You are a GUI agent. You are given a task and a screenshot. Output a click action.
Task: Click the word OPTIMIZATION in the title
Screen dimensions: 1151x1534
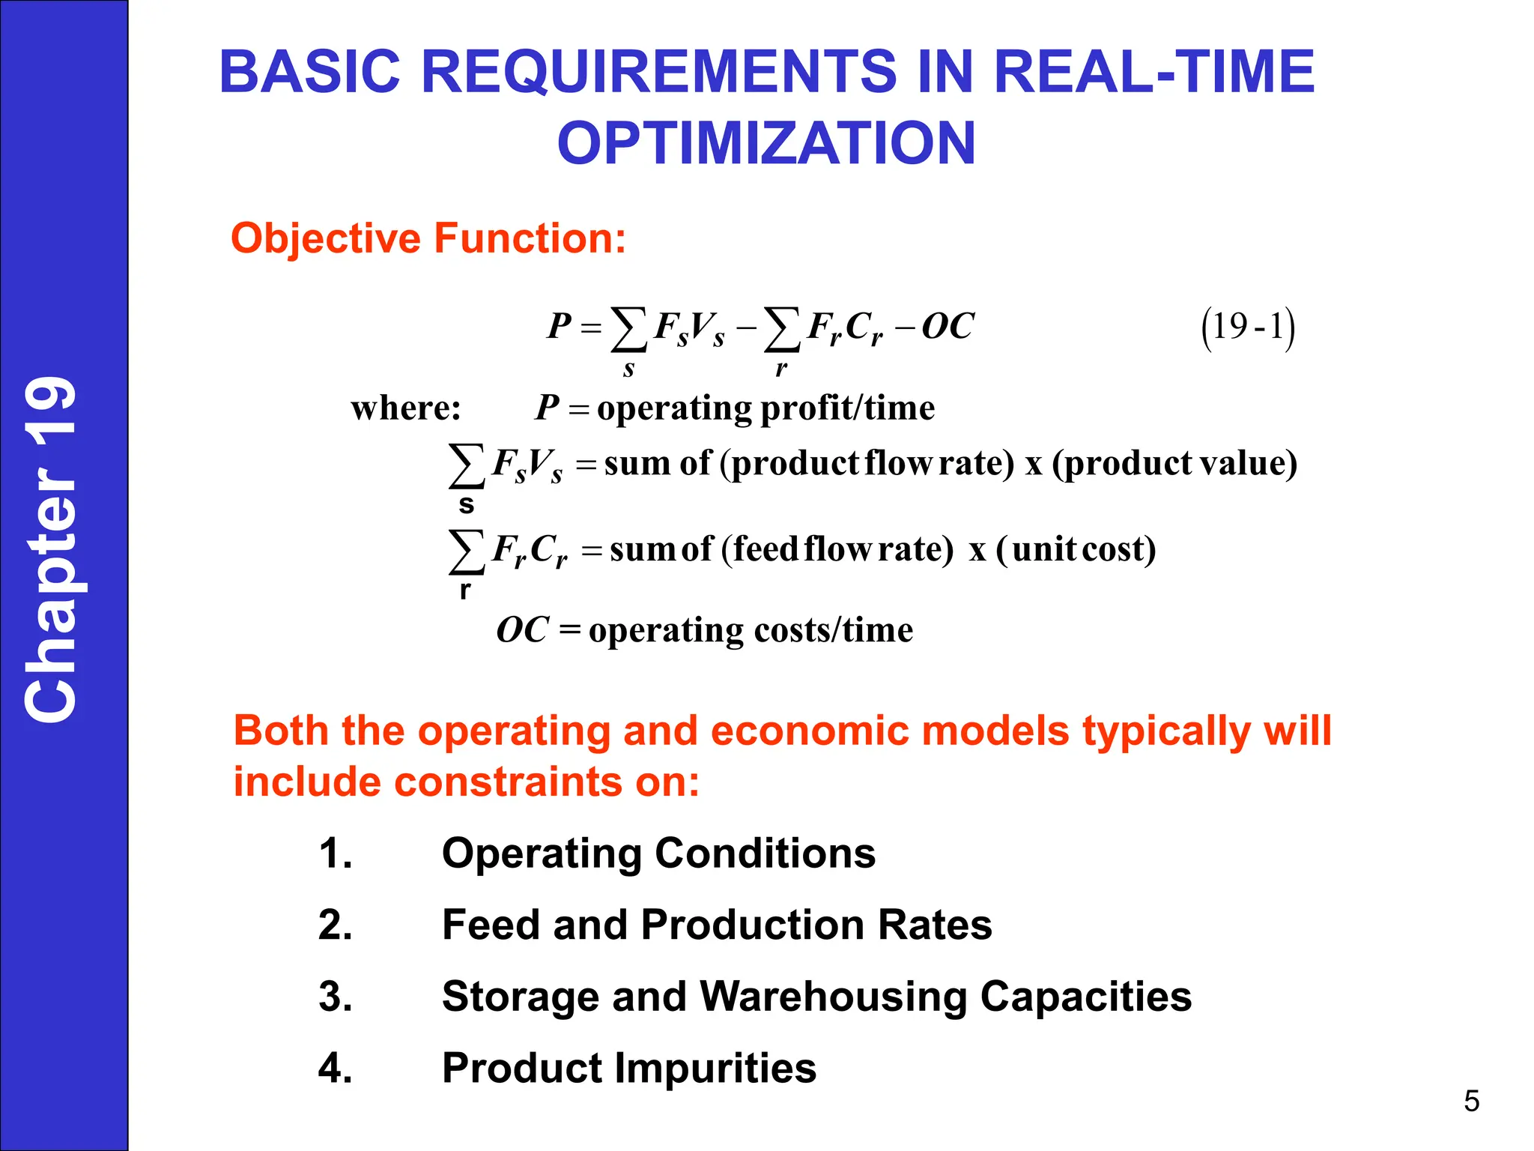coord(766,143)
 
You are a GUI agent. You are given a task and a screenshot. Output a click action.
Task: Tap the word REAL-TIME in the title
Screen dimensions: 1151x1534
coord(1153,72)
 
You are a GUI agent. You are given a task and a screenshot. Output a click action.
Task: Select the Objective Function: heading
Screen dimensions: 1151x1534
coord(428,238)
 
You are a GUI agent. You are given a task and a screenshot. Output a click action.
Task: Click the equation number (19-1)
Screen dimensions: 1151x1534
coord(1248,327)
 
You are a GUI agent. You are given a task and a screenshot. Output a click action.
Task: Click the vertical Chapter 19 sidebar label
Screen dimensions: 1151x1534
coord(51,549)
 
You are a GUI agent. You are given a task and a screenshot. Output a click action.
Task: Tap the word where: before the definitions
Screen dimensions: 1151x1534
coord(406,408)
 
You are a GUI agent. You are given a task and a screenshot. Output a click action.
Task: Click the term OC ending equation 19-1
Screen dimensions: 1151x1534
coord(948,326)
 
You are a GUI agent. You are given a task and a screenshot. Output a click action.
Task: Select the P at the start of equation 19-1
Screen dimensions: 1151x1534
coord(560,326)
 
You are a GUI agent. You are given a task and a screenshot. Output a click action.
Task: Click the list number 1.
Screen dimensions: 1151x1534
coord(335,854)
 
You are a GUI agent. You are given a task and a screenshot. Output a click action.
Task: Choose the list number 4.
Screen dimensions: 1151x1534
coord(335,1068)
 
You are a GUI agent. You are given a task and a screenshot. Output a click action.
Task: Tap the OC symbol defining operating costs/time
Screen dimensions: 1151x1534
coord(523,629)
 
